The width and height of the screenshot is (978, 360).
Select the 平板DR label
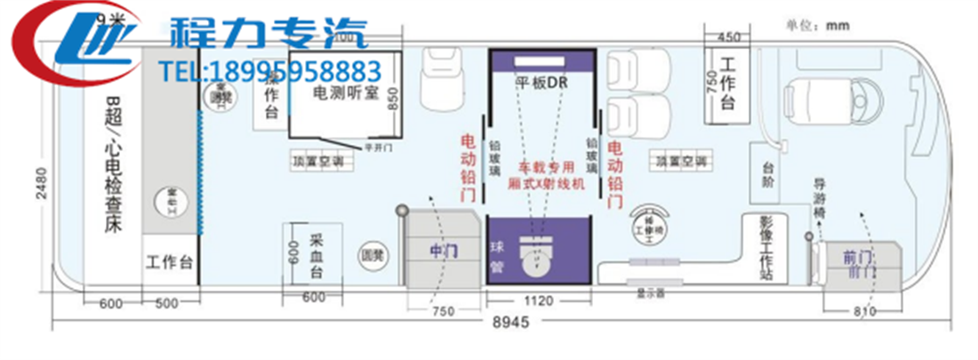click(541, 82)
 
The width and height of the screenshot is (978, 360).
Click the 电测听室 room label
click(347, 92)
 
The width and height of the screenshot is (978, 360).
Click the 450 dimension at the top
click(728, 37)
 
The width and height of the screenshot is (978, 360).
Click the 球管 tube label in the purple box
click(498, 256)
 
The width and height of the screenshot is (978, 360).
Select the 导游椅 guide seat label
click(822, 197)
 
